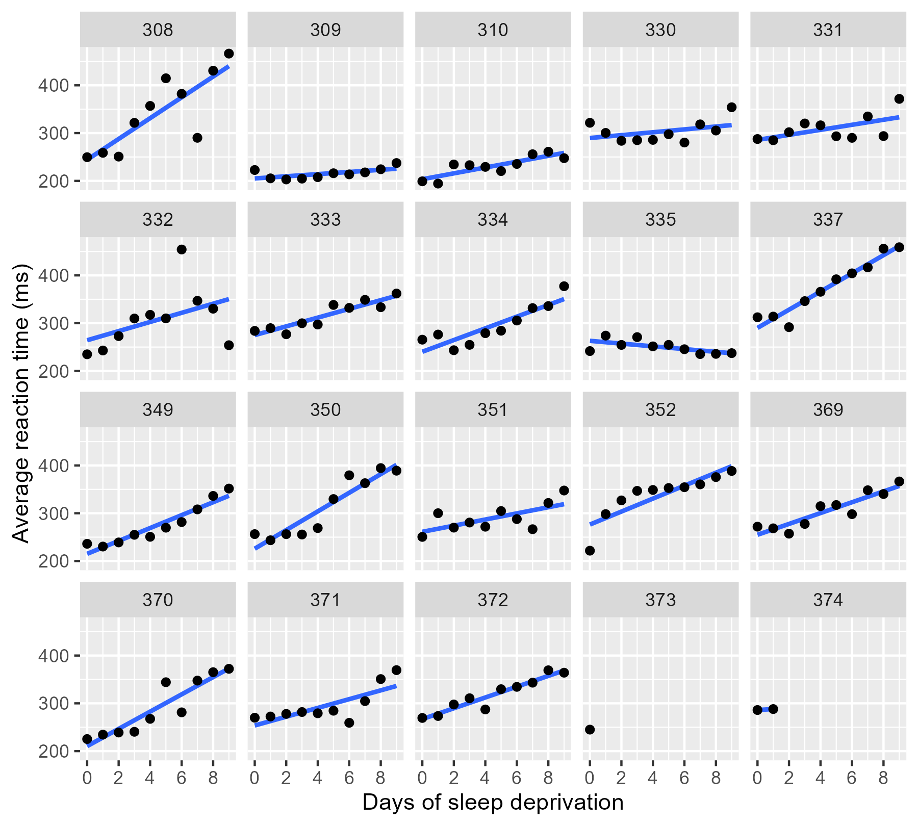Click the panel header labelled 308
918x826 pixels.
tap(158, 30)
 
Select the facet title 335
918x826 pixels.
tap(660, 220)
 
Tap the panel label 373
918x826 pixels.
tap(660, 600)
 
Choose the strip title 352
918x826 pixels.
tap(660, 410)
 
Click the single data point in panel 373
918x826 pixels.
tap(590, 730)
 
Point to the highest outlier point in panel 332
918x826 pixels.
tap(182, 249)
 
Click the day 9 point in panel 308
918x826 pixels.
tap(228, 54)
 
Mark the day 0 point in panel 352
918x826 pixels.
tap(590, 551)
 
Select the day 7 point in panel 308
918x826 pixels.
tap(197, 138)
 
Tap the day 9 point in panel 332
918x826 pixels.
tap(228, 345)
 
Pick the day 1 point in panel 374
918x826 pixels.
tap(773, 709)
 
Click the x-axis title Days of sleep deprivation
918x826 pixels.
tap(493, 803)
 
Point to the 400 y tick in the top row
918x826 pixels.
tap(53, 85)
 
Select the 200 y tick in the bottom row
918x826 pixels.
tap(53, 751)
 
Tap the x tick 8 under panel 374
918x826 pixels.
tap(883, 778)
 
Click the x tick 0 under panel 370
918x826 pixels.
tap(87, 778)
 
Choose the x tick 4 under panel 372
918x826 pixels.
tap(485, 778)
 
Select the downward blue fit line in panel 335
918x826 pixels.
tap(660, 346)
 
